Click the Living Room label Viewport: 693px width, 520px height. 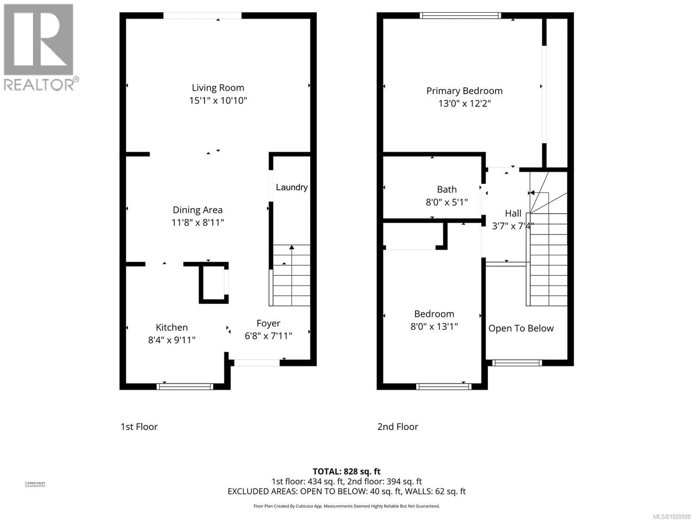tap(218, 88)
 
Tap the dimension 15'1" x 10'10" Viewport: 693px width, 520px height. tap(218, 101)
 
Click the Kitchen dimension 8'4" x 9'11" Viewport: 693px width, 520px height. tap(172, 340)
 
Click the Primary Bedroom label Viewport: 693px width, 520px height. tap(464, 91)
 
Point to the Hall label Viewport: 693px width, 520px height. tap(513, 213)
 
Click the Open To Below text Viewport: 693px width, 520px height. tap(521, 328)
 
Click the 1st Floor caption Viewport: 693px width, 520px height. tap(139, 427)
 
